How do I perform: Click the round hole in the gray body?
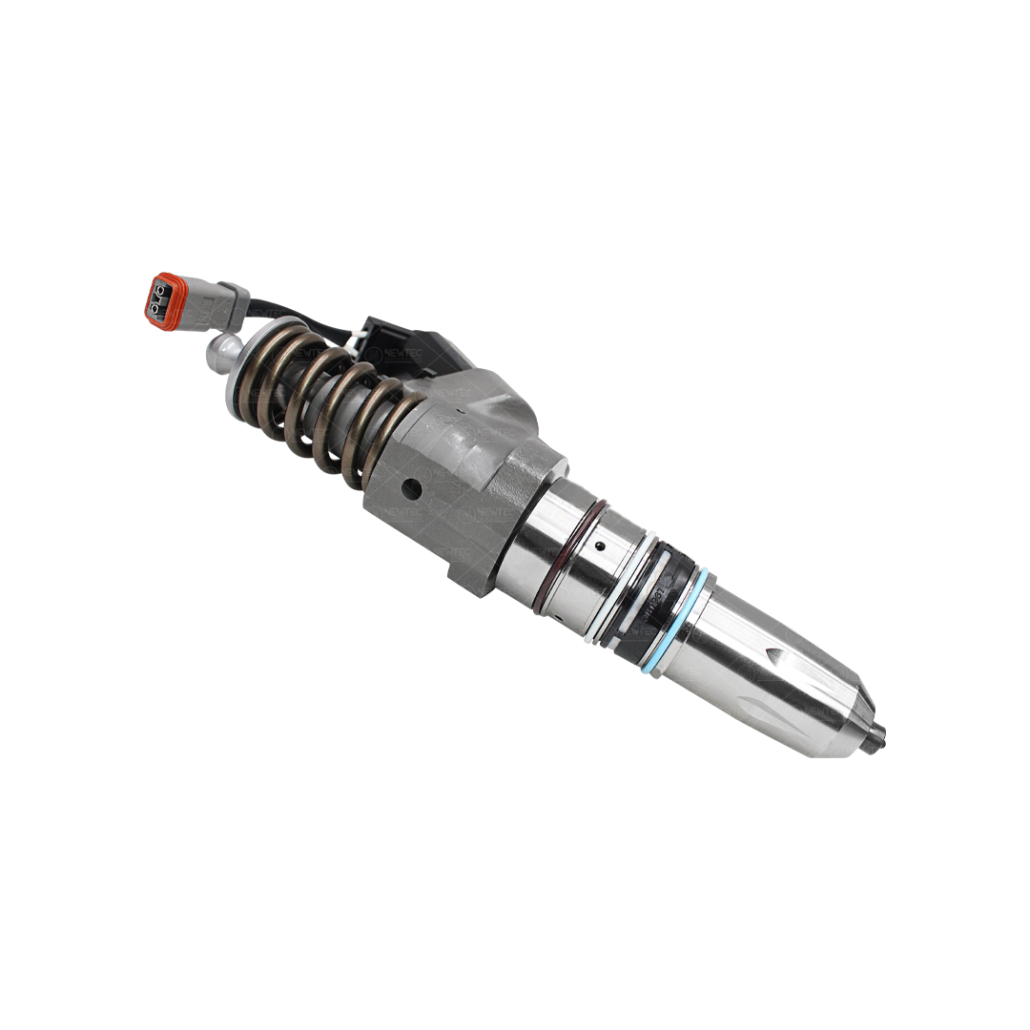411,488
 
